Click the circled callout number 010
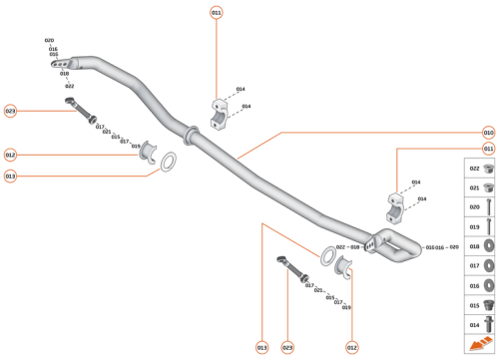[x=488, y=132]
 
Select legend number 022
[x=474, y=169]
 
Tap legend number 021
[x=474, y=187]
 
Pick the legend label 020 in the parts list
[x=474, y=207]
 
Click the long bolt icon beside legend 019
[x=489, y=226]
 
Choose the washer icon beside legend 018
[x=489, y=246]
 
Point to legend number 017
[x=474, y=265]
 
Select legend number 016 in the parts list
[x=474, y=285]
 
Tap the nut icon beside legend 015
[x=489, y=304]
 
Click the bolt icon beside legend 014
[x=489, y=324]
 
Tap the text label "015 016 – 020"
[x=442, y=246]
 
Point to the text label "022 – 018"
[x=347, y=246]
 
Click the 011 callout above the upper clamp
[x=217, y=13]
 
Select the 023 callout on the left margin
[x=11, y=111]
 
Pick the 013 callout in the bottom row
[x=262, y=347]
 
